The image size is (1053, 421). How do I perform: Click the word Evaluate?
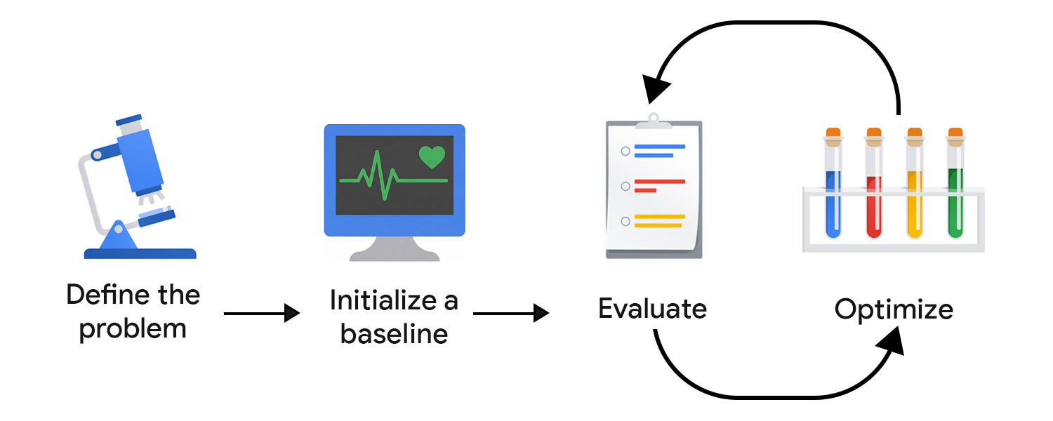tap(652, 309)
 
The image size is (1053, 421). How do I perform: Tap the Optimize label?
tap(894, 309)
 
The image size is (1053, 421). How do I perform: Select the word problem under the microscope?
tap(133, 328)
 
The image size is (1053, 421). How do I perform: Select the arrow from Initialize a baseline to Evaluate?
tap(510, 313)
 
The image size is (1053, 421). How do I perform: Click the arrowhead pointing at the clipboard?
tap(658, 87)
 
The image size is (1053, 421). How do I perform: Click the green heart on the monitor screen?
tap(432, 157)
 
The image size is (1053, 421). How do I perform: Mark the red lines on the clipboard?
tap(657, 185)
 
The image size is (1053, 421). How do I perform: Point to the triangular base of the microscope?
tap(116, 239)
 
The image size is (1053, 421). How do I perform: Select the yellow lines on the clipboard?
tap(658, 221)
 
